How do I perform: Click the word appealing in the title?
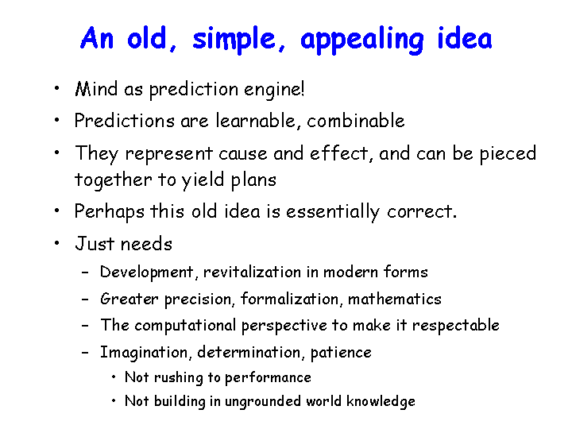(362, 41)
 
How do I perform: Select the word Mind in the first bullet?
(96, 89)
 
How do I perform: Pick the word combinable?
(356, 121)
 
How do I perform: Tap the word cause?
(243, 154)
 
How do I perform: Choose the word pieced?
(508, 154)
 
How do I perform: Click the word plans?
(253, 180)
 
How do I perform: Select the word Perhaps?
(109, 212)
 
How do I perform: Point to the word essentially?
(333, 212)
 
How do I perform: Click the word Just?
(95, 244)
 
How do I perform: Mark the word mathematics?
(395, 300)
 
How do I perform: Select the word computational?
(185, 326)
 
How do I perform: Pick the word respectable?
(456, 326)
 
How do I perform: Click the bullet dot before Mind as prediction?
(56, 88)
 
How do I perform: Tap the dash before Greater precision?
(85, 300)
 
